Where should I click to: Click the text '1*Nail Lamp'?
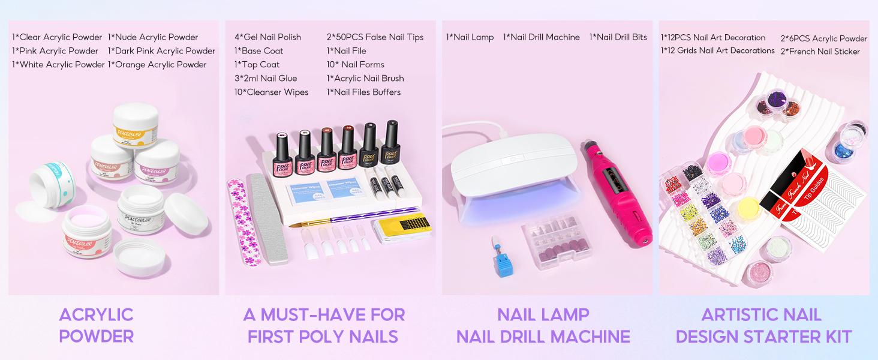(470, 37)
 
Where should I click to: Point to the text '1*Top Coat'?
(257, 65)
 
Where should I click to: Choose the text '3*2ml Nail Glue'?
(265, 79)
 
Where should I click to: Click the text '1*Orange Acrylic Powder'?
(157, 65)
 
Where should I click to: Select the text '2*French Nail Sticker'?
(820, 52)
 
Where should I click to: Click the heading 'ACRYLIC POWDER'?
(96, 325)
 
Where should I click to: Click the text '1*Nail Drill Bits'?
(618, 37)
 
